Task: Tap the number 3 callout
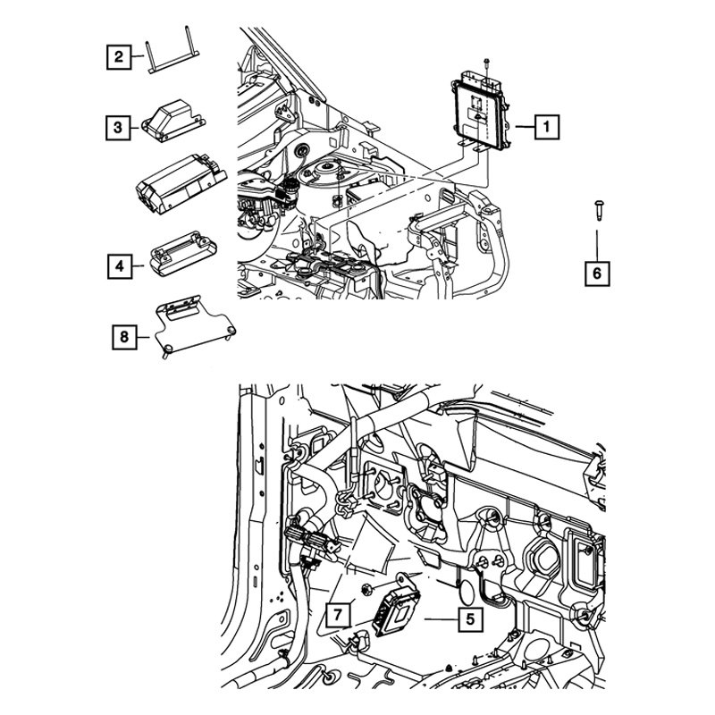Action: coord(118,129)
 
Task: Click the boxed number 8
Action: coord(125,337)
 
